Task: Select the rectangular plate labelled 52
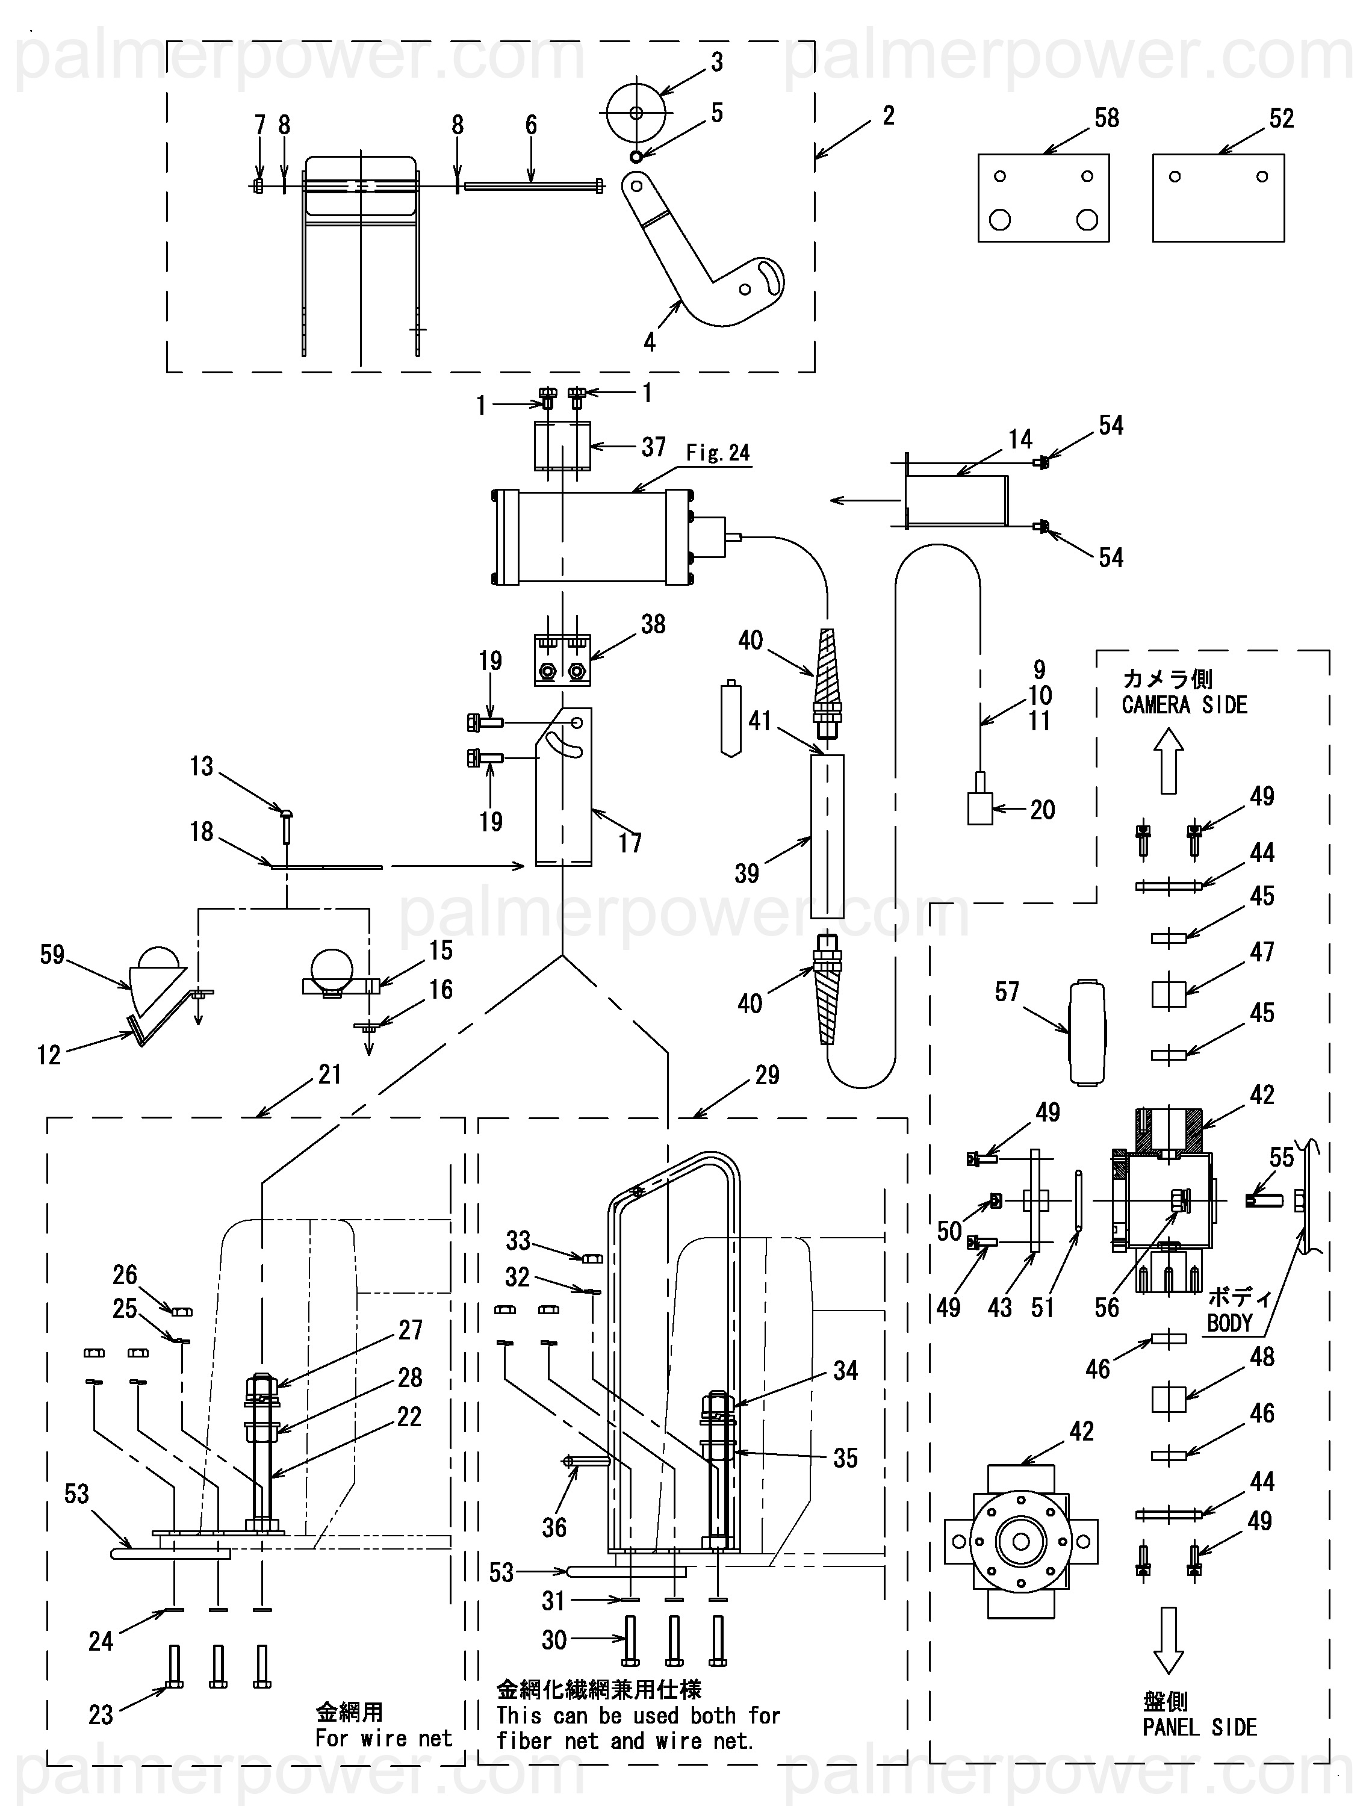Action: pos(1218,199)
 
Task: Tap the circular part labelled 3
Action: pos(636,113)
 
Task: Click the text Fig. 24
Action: pos(718,452)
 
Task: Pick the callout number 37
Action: pos(653,447)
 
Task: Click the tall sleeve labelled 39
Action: pos(827,836)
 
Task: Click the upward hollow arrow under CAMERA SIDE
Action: pos(1168,760)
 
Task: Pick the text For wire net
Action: pos(383,1738)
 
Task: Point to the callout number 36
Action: pos(554,1528)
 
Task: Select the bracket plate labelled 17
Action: pos(563,786)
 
